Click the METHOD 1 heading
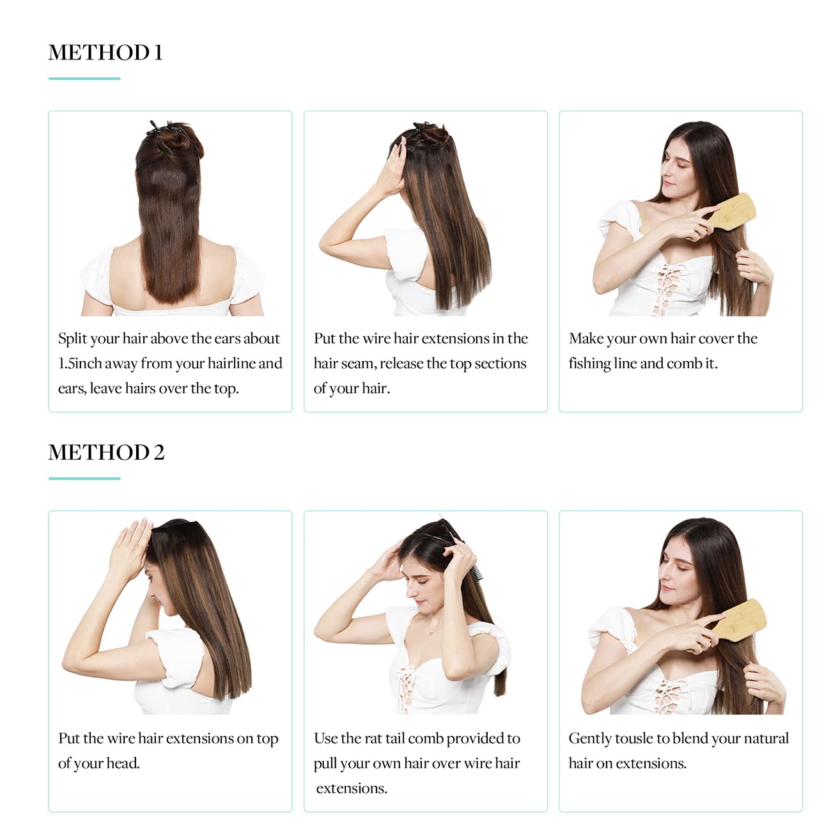coord(105,52)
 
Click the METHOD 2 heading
coord(106,453)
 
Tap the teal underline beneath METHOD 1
coord(84,79)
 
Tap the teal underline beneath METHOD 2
coord(84,478)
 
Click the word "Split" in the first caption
coord(72,339)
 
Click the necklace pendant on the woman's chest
coord(432,633)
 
